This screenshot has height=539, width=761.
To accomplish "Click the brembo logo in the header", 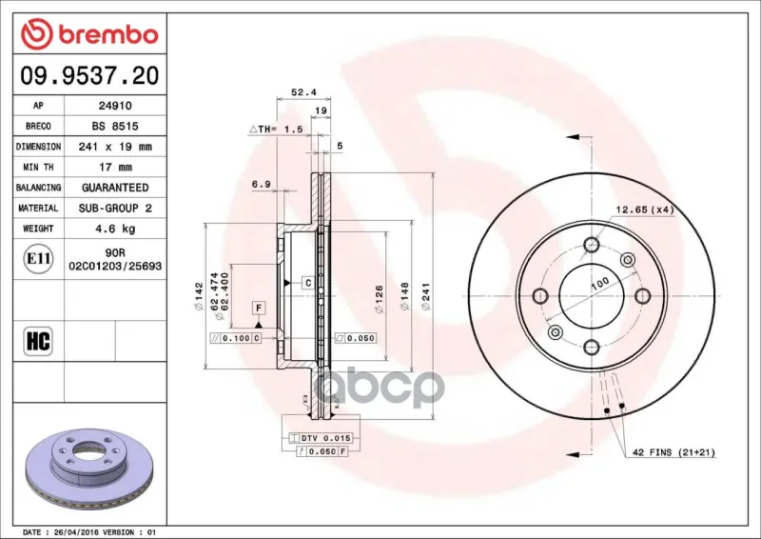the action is [89, 34].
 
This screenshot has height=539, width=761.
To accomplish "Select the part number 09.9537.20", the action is [89, 76].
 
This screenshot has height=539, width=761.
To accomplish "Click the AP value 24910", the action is [115, 106].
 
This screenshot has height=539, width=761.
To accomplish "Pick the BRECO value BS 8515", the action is [115, 126].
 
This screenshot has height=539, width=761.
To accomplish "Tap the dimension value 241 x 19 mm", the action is [115, 147].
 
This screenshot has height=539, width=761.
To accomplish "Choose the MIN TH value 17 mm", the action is [115, 168].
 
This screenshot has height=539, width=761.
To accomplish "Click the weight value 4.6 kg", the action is [115, 229].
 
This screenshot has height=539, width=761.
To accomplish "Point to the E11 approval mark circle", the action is [38, 259].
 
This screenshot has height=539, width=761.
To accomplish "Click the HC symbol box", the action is [38, 341].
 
